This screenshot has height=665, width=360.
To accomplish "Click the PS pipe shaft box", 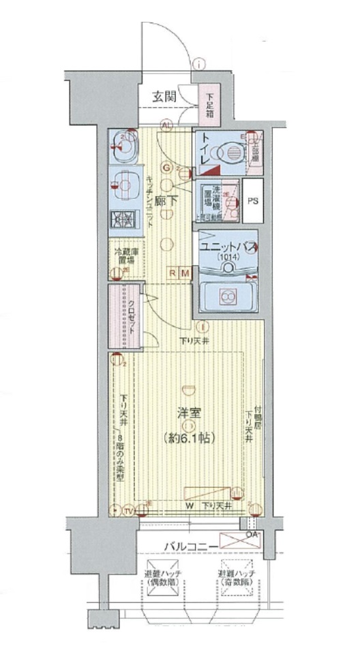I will [x=253, y=201].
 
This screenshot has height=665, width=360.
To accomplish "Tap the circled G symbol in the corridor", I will [x=166, y=168].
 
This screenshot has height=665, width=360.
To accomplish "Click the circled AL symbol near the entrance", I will [x=166, y=125].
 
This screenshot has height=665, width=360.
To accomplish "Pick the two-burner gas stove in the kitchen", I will [x=123, y=219].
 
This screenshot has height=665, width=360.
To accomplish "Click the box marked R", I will [x=174, y=273].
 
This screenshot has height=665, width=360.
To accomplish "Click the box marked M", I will [x=185, y=273].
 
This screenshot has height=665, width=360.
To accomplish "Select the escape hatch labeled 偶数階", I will [x=162, y=581].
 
